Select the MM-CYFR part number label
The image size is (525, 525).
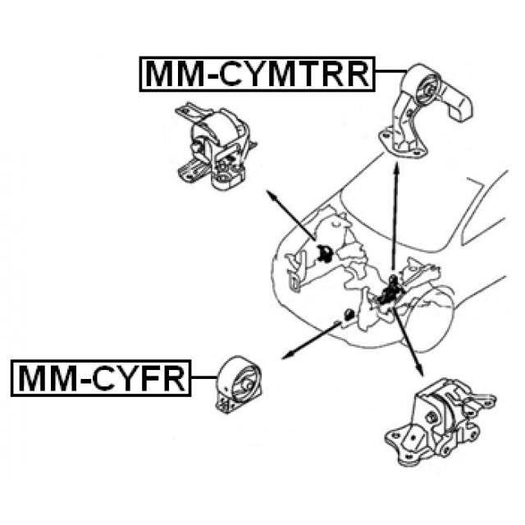tap(100, 379)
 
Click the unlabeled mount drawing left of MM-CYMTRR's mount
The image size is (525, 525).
tap(212, 146)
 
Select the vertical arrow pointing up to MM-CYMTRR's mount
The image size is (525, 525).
tap(395, 213)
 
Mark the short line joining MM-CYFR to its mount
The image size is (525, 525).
tap(200, 380)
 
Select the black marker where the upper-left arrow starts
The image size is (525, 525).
tap(323, 252)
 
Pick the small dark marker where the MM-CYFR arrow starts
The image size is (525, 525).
tap(347, 313)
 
